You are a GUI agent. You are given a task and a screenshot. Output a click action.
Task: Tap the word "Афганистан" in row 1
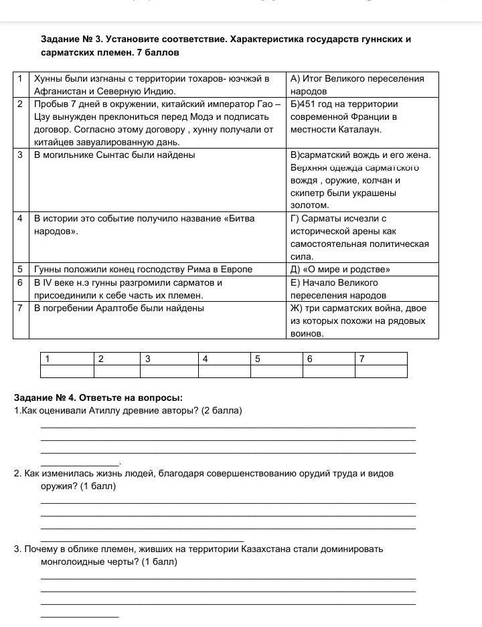[x=60, y=91]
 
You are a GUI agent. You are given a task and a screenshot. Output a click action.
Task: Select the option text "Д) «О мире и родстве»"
[x=340, y=270]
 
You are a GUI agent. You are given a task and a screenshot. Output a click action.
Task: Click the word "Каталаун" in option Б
[x=358, y=129]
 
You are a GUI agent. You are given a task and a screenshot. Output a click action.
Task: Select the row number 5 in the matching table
[x=20, y=270]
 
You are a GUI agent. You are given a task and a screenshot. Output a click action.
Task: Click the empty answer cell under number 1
[x=67, y=371]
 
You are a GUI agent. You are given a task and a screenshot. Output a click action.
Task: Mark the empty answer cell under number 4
[x=224, y=371]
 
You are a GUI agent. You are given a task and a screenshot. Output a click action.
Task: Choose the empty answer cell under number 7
[x=380, y=371]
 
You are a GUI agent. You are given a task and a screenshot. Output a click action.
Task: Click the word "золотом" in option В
[x=309, y=205]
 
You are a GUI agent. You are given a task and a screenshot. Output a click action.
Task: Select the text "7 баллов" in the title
[x=160, y=52]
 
